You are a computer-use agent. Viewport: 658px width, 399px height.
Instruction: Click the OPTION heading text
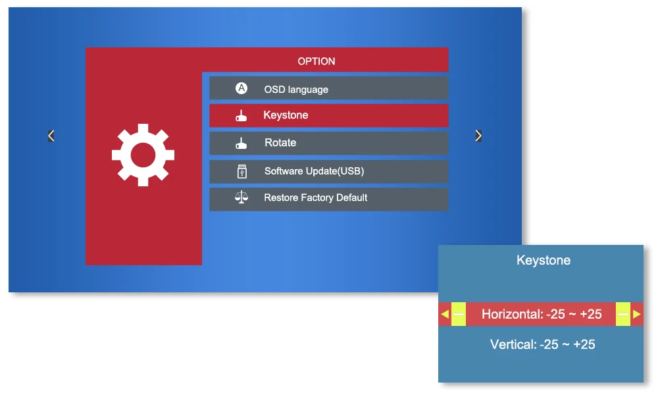click(x=316, y=61)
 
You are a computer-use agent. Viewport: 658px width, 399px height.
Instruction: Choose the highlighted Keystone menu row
click(x=328, y=115)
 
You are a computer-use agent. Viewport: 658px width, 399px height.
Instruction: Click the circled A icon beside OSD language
click(x=241, y=88)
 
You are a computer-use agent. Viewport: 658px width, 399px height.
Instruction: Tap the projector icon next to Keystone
click(x=241, y=117)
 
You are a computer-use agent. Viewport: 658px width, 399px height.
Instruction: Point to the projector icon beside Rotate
click(x=241, y=144)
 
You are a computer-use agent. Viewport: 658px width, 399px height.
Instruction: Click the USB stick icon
click(x=241, y=171)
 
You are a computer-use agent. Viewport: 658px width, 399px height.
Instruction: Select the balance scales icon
click(x=241, y=198)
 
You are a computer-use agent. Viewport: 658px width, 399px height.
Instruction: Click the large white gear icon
click(x=143, y=155)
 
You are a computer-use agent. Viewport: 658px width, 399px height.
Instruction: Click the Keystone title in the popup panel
click(x=544, y=261)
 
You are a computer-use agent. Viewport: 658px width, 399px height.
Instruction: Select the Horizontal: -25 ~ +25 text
click(x=542, y=315)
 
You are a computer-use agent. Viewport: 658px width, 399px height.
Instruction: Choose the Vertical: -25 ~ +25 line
click(x=543, y=344)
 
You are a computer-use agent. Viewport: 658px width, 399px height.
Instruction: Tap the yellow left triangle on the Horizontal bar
click(x=445, y=315)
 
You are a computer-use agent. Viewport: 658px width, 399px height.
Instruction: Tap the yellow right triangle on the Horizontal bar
click(x=636, y=315)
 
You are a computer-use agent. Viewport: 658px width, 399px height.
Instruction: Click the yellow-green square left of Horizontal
click(x=459, y=315)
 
